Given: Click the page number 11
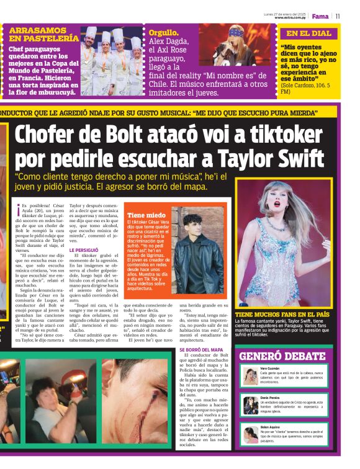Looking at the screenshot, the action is (x=338, y=17).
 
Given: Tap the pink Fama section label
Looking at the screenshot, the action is (x=320, y=17).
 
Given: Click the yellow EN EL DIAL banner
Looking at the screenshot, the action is (x=308, y=34).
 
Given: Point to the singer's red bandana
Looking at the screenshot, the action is (x=238, y=30).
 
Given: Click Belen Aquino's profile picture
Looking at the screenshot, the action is (x=251, y=433).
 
